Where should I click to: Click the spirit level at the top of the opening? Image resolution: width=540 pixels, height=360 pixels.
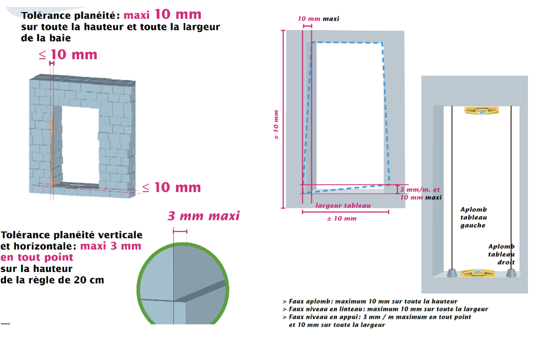tap(482, 111)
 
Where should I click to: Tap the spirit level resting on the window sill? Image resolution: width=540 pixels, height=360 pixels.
tap(478, 273)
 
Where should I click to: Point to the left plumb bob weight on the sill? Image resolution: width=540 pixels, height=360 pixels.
tap(452, 273)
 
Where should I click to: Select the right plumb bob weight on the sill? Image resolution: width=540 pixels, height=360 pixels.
tap(511, 273)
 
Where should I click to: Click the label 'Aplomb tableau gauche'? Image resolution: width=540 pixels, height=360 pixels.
tap(473, 217)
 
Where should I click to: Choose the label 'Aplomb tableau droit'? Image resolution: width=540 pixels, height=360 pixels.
tap(501, 254)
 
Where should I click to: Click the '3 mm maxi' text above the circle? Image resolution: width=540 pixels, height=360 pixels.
tap(204, 216)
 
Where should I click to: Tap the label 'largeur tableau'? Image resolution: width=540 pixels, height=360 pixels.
tap(343, 205)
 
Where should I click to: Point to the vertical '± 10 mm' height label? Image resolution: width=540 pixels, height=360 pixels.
tap(276, 125)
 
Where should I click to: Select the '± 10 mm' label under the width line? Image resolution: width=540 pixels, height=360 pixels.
tap(342, 219)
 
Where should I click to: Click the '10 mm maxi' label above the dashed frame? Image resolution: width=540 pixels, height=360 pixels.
tap(319, 19)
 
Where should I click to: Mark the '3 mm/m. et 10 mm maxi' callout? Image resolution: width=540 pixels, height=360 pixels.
tap(421, 193)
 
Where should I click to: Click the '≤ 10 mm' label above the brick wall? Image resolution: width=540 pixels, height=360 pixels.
tap(68, 55)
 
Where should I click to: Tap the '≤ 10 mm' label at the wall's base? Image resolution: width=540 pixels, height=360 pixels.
tap(172, 187)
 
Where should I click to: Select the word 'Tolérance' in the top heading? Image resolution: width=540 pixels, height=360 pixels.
tap(46, 15)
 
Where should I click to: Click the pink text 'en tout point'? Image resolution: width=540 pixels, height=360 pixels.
tap(37, 257)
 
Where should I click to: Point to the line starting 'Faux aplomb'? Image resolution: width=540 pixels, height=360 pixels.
tap(370, 302)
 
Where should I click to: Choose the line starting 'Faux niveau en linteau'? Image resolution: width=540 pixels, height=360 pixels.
tap(385, 309)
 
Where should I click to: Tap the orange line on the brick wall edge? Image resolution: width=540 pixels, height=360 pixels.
tap(52, 147)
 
